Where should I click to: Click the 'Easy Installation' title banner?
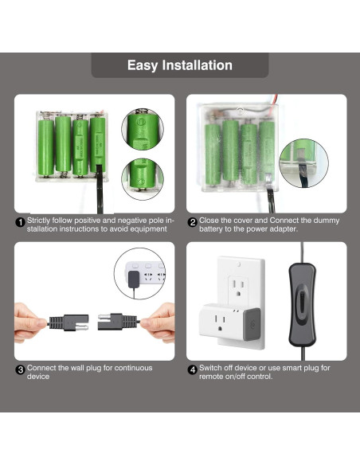(179, 65)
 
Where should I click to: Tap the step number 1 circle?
(21, 222)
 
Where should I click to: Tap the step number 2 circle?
(192, 222)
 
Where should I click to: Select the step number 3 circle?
(21, 370)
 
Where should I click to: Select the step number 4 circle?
(192, 370)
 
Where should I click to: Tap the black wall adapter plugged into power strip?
(131, 279)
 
